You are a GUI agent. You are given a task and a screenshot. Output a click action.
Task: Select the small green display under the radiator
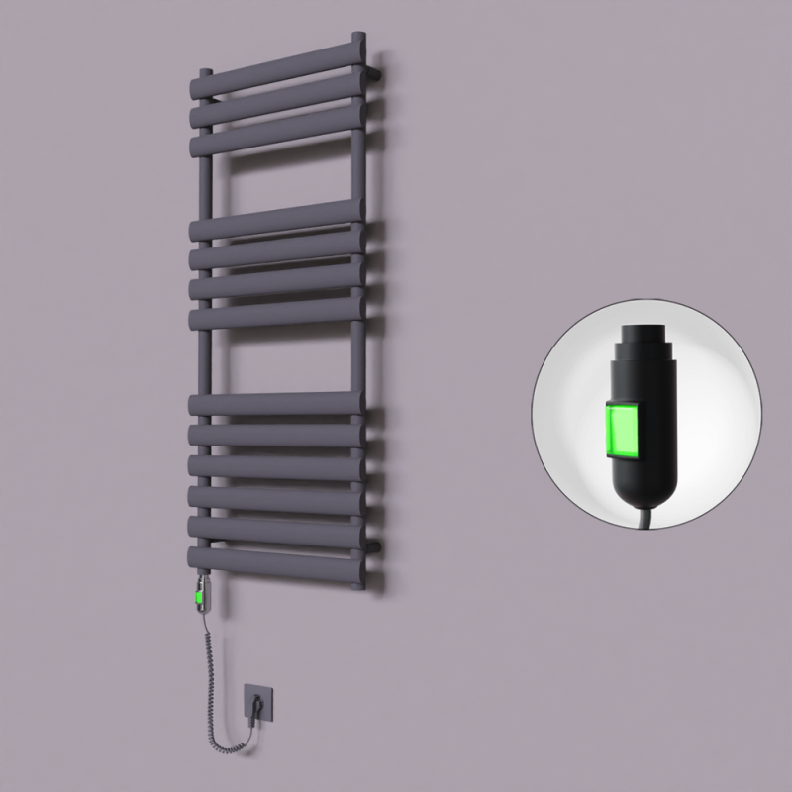click(202, 596)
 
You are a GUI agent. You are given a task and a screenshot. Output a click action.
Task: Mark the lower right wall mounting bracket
click(379, 544)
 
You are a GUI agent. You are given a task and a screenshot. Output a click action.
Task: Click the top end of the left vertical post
click(204, 73)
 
